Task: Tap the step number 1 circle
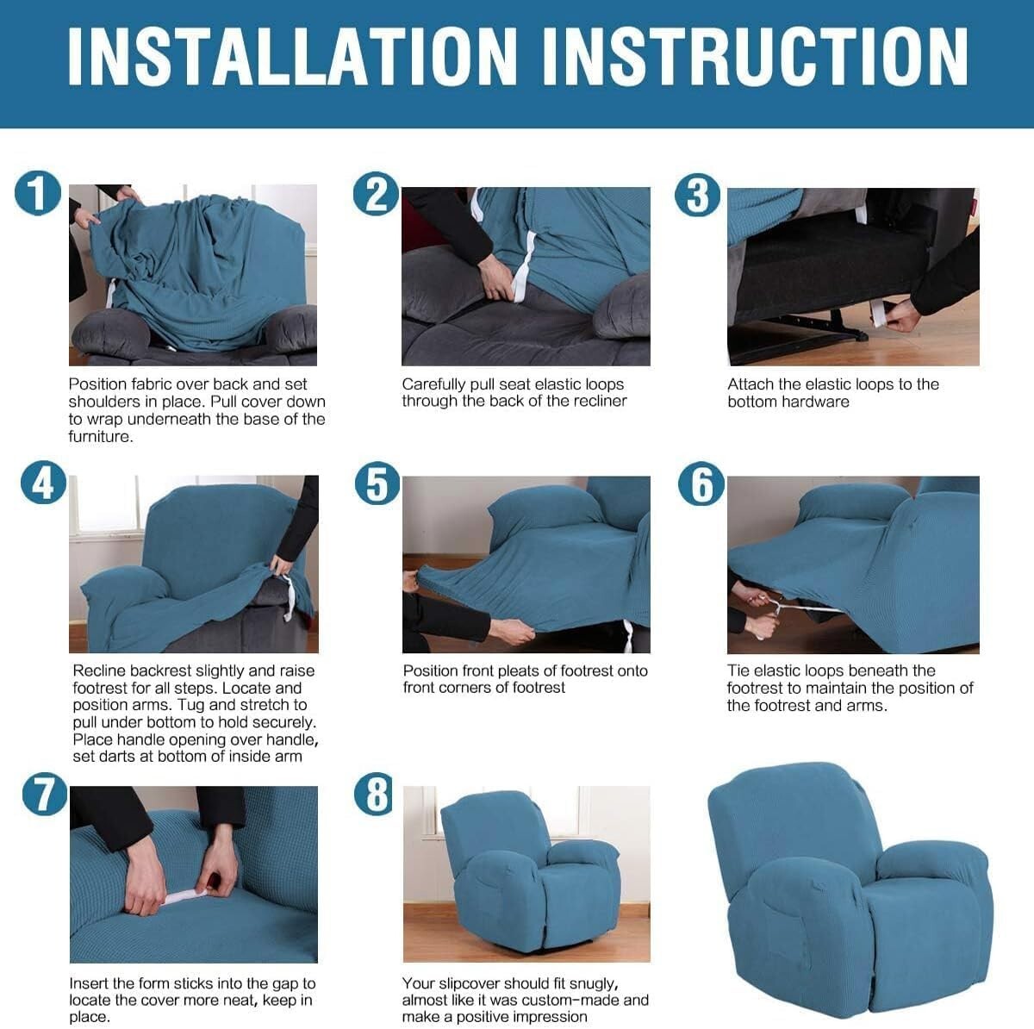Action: point(37,192)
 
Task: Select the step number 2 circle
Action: point(376,194)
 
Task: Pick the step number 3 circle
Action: point(697,196)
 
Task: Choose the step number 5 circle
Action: point(377,483)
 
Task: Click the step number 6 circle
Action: point(701,484)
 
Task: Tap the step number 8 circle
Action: point(377,794)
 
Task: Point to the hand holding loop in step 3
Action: point(901,315)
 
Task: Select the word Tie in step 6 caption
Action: point(738,670)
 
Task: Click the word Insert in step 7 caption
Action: point(89,983)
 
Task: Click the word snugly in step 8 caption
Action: point(592,983)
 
